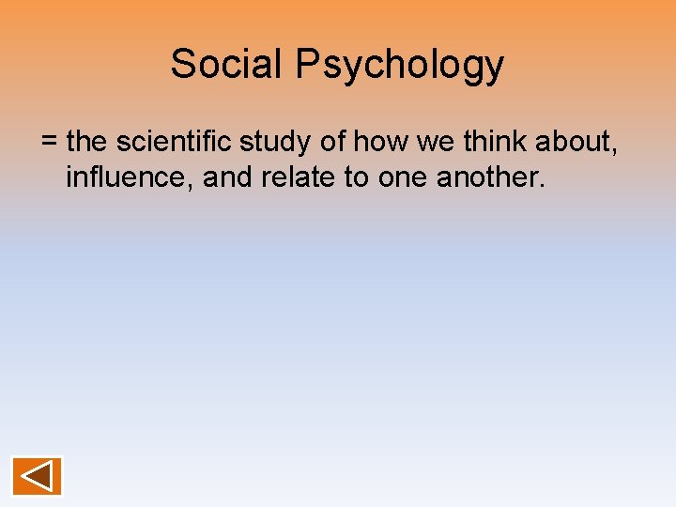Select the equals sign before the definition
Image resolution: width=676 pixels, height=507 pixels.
pos(50,143)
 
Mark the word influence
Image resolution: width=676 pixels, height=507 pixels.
pos(130,177)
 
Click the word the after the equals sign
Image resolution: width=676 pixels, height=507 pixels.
pos(88,142)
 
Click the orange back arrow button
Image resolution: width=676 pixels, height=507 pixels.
pos(37,476)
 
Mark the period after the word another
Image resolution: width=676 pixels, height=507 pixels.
pos(542,185)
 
